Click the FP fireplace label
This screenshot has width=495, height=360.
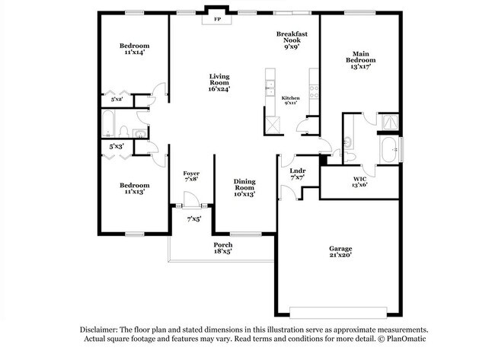pos(217,18)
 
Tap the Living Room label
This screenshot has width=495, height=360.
pos(219,82)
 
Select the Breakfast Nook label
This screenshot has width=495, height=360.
pos(292,40)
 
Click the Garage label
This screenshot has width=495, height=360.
pos(340,252)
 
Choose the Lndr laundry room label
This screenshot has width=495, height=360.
pos(297,174)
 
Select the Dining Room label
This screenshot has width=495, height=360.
pos(244,187)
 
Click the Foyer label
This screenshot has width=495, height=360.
pos(191,177)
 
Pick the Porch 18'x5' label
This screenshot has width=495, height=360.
pos(222,247)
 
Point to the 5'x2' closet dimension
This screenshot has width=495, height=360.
pos(117,100)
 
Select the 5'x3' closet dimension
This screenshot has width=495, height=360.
pos(117,145)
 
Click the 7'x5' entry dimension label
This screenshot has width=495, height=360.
pos(193,220)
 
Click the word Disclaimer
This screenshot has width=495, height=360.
pos(101,330)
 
